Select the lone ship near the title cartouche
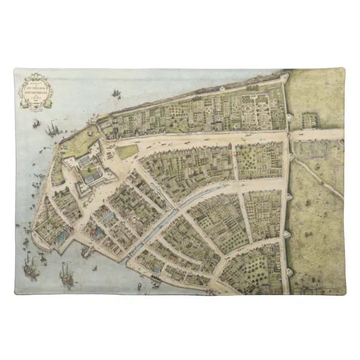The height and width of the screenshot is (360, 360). coord(116,94)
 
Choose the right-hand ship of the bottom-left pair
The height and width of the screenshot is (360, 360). coord(67,276)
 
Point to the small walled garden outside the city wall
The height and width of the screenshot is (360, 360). coord(309,120)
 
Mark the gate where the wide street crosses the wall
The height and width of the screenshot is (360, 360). coord(288,135)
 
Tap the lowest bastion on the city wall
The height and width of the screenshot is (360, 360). coord(288,273)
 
